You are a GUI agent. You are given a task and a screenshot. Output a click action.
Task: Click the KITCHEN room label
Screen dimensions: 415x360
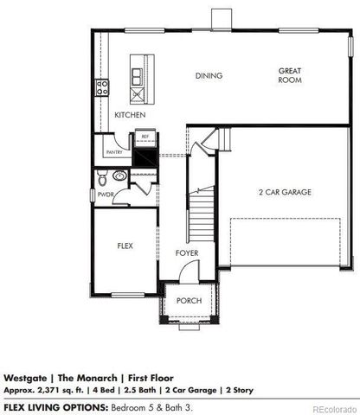(x=130, y=114)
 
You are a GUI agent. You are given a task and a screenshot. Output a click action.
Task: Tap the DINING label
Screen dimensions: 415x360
(x=209, y=76)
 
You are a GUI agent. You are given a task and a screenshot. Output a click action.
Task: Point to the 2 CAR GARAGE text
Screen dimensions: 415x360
(x=285, y=192)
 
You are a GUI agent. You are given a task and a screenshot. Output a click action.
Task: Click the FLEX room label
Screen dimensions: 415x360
(x=125, y=246)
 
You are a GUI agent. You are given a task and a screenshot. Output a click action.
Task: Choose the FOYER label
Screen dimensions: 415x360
(x=187, y=253)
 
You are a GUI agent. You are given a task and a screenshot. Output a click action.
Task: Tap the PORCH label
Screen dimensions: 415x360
(x=189, y=301)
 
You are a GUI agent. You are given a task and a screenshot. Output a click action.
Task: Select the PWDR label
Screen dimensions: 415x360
(x=106, y=195)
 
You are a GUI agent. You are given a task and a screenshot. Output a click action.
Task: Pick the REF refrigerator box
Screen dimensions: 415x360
(x=145, y=137)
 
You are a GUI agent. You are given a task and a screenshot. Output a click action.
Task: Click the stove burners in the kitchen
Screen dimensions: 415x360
(x=100, y=86)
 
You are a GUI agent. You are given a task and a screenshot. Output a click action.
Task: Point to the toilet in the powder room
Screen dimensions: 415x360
(x=102, y=179)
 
